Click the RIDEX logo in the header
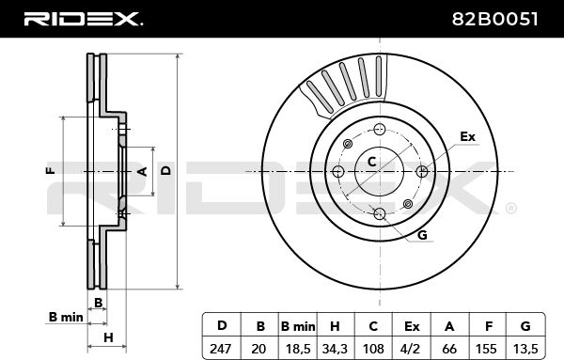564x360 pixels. pos(83,19)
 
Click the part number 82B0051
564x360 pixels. pos(494,19)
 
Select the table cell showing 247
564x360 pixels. pos(220,349)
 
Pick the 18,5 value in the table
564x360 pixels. pos(298,349)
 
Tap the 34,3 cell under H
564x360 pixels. pos(336,349)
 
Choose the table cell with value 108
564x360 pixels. pos(373,349)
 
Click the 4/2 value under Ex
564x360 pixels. pos(412,349)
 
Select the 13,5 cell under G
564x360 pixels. pos(525,349)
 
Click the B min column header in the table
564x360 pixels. pos(298,326)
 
